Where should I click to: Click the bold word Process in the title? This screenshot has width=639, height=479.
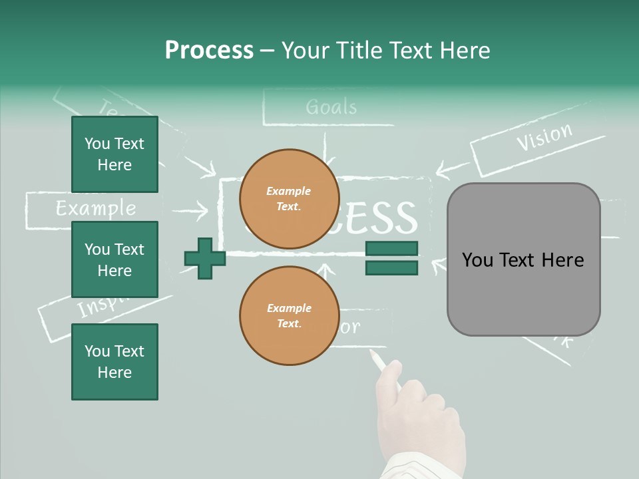209,51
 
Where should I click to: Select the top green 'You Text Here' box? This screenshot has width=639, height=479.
114,154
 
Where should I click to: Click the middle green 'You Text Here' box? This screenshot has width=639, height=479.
114,259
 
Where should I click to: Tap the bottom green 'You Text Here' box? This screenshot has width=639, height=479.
114,362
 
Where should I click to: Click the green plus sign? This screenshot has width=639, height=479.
205,258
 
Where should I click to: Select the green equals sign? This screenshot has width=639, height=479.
391,258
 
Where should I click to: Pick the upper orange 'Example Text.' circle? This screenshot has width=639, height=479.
289,198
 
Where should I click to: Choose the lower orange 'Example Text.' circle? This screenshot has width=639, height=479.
289,315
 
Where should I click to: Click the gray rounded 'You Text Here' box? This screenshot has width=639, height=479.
523,259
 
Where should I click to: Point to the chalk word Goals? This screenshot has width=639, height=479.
331,107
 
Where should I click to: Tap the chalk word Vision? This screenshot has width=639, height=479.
544,137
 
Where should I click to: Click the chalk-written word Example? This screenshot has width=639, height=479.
95,209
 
